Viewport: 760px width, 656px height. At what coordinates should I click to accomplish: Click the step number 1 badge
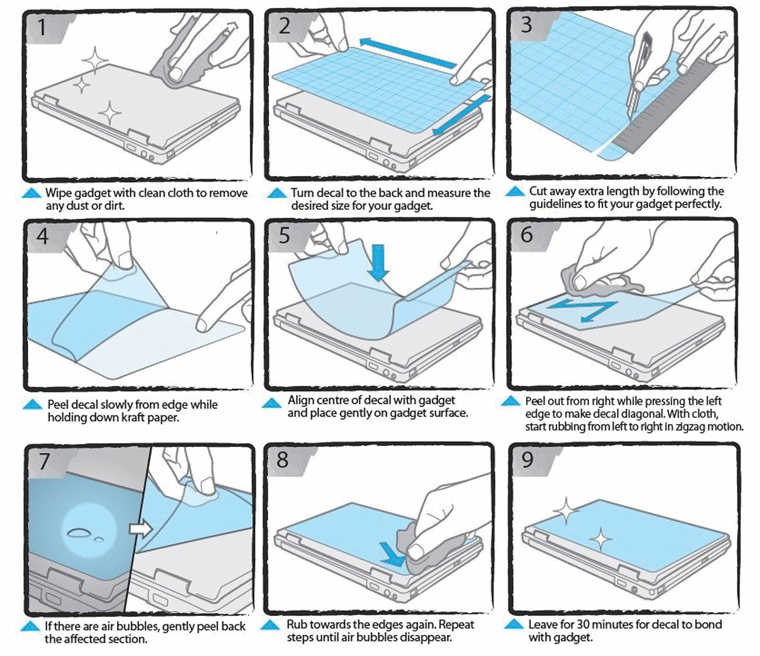[x=43, y=27]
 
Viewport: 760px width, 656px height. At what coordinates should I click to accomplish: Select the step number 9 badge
[x=527, y=460]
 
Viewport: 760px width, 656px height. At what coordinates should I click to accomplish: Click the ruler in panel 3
[x=674, y=112]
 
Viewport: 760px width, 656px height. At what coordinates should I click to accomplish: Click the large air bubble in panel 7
[x=79, y=532]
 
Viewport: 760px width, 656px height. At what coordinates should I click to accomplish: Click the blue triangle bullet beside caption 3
[x=515, y=191]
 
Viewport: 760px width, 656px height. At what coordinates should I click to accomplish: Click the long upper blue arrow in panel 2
[x=408, y=53]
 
